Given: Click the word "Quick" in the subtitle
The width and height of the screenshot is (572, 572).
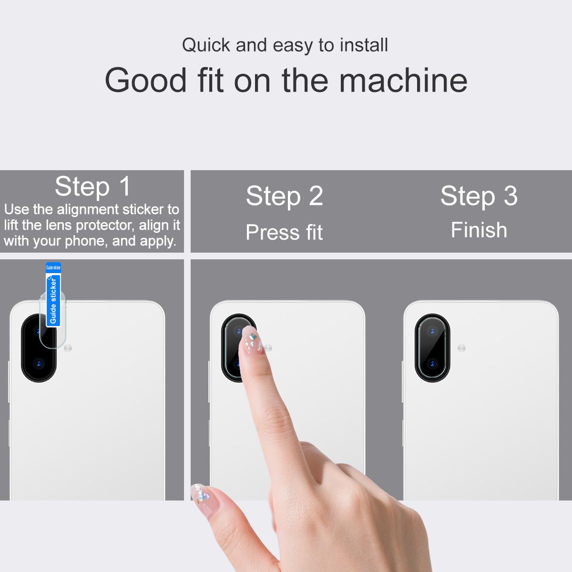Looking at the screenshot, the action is click(206, 46).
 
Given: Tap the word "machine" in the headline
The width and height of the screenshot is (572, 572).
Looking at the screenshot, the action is click(403, 81).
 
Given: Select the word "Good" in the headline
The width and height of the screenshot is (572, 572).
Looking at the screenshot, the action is click(146, 81).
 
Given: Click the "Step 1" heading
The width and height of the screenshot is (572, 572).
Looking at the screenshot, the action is click(92, 186).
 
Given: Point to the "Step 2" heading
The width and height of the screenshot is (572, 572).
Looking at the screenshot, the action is click(285, 195).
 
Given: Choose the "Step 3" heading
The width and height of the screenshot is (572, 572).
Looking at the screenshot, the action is click(479, 195).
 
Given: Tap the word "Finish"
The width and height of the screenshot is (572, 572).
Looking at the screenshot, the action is click(479, 230).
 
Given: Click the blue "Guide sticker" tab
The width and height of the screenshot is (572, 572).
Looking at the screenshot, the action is click(53, 295).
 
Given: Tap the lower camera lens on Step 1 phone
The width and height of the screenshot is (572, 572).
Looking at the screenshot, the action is click(39, 363).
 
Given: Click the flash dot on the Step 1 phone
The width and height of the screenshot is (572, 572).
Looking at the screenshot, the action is click(68, 348).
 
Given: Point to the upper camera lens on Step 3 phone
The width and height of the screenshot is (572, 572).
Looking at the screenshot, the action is click(432, 331).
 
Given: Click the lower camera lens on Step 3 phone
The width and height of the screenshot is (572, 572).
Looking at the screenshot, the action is click(432, 363).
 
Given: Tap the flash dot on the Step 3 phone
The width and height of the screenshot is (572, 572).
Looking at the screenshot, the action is click(461, 348).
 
